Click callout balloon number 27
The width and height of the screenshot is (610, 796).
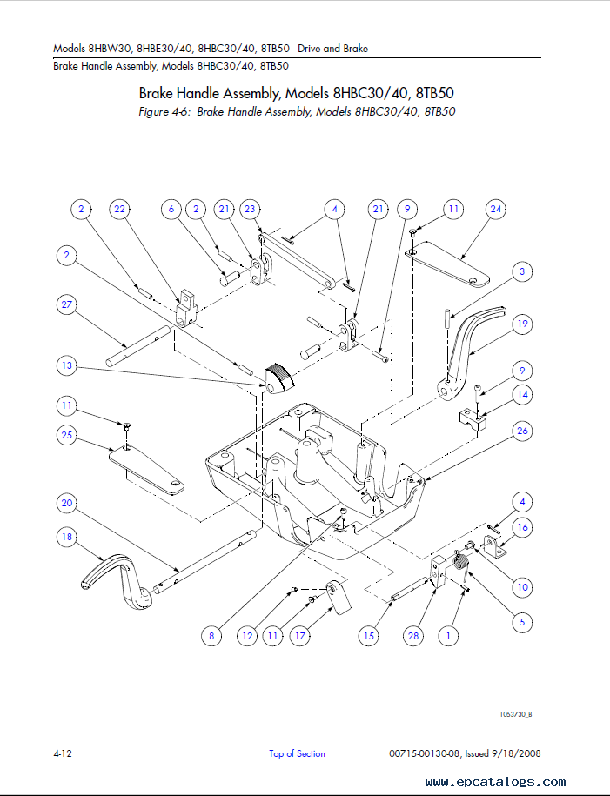tap(66, 304)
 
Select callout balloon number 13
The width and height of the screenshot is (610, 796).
tap(66, 365)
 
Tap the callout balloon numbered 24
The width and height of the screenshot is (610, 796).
tap(496, 209)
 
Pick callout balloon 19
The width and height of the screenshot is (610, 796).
tap(523, 324)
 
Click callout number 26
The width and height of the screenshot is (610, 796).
tap(523, 431)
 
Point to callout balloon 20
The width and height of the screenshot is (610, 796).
tap(66, 503)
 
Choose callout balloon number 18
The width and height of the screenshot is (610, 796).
tap(66, 537)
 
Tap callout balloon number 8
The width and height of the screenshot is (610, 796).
tap(211, 636)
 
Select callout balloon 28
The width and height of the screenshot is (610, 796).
tap(413, 636)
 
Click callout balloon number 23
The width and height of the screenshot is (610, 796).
tap(250, 209)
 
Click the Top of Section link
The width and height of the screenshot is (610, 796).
tap(297, 754)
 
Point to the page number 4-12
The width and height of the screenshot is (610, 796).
tap(63, 753)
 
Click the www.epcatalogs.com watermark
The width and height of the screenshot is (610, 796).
tap(495, 782)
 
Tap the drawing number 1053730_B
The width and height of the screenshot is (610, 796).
tap(515, 714)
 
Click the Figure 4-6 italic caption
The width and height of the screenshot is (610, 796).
tap(297, 111)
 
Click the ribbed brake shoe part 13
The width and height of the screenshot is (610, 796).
tap(279, 379)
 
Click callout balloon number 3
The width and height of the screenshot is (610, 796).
tap(523, 271)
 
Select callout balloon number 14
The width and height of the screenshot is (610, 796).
tap(523, 394)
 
